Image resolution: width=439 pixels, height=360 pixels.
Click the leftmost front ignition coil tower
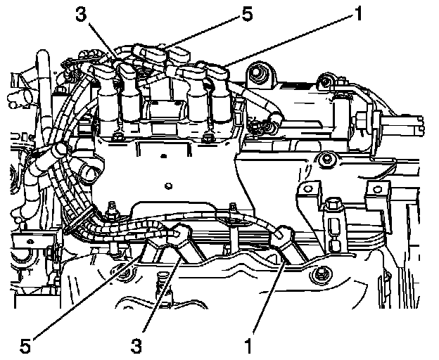[107, 98]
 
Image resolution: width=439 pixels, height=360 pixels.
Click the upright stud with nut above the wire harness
[110, 209]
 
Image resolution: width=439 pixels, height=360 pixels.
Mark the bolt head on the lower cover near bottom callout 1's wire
[322, 274]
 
